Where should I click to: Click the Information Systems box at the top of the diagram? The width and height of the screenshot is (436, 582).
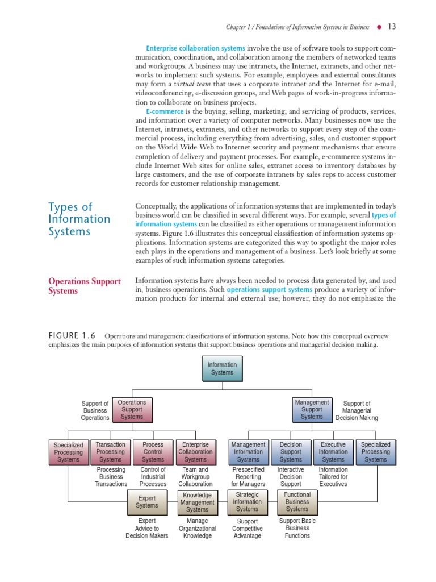click(222, 368)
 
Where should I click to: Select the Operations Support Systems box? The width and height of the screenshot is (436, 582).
click(132, 410)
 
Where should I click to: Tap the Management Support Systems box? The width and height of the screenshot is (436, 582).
click(312, 410)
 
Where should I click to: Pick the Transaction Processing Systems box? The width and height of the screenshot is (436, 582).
click(111, 452)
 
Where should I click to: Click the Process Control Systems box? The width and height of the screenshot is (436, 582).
click(153, 452)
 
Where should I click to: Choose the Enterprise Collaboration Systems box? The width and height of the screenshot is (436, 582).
click(195, 452)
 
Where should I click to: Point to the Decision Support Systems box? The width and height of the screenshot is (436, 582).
click(291, 452)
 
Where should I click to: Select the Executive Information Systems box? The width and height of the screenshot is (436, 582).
click(333, 452)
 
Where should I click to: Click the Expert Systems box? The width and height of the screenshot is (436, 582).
click(147, 502)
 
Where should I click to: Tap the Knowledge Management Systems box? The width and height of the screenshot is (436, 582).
click(197, 502)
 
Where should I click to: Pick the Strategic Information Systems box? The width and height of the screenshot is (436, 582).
click(248, 502)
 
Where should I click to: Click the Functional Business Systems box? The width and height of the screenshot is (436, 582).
click(297, 502)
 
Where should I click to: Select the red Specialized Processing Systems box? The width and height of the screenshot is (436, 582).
click(68, 452)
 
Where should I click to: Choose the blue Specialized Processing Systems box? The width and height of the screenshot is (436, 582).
click(375, 452)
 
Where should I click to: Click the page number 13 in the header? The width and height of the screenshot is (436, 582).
click(392, 26)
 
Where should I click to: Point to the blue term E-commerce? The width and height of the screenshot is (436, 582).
click(165, 111)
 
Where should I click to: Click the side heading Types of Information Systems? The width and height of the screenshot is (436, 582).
click(79, 219)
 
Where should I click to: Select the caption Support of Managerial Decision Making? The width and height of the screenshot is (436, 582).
click(357, 410)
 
